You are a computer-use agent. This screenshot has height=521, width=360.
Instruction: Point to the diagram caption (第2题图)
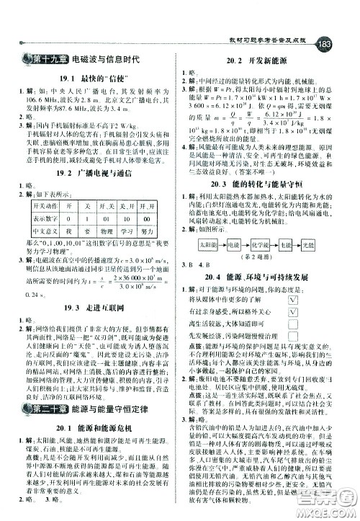(x=264, y=276)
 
